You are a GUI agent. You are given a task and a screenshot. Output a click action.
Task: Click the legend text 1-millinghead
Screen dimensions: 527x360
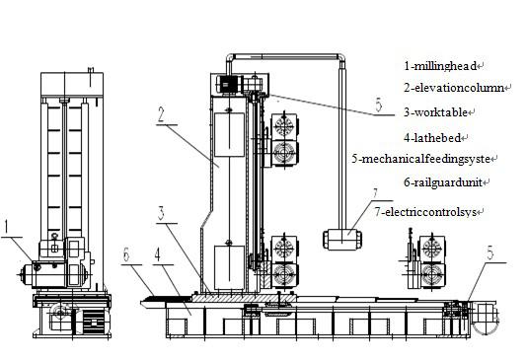(x=440, y=66)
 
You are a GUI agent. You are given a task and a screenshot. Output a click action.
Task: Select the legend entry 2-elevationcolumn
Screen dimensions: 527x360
(x=454, y=88)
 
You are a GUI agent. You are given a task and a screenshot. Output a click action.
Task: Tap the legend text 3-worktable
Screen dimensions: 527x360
(x=435, y=112)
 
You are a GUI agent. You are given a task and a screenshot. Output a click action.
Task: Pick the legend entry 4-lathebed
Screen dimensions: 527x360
(x=432, y=138)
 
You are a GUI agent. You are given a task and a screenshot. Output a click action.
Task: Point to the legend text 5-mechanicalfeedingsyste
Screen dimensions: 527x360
(x=420, y=159)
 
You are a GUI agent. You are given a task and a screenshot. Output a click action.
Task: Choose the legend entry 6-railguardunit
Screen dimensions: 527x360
(x=443, y=182)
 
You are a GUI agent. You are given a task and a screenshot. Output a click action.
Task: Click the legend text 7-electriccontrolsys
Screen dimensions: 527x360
(x=425, y=212)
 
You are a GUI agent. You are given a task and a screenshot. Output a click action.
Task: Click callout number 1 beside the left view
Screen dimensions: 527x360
(x=6, y=227)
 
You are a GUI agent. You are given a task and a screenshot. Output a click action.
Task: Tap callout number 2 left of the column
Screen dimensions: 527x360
(x=161, y=114)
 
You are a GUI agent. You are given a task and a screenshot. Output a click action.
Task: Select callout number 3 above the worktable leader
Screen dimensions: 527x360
(x=161, y=213)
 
